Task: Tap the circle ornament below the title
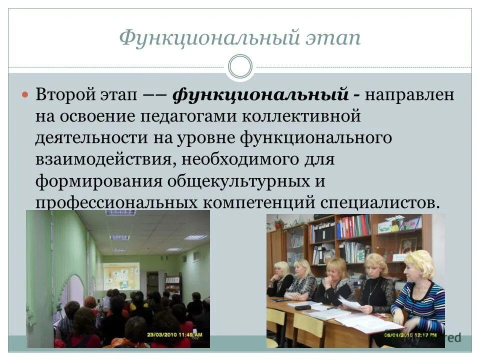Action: tap(240, 67)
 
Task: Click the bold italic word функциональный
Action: tap(260, 95)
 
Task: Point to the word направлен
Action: tap(410, 95)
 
